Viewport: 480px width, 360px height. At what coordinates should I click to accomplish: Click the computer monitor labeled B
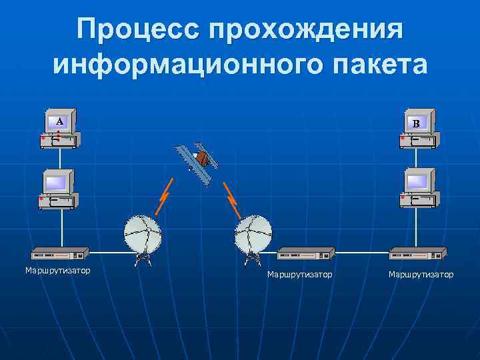pos(417,123)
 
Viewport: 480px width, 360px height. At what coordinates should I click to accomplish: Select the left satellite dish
pos(142,235)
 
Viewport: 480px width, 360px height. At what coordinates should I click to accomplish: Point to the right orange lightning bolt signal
pos(233,199)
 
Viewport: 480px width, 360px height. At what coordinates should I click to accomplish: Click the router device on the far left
pos(61,254)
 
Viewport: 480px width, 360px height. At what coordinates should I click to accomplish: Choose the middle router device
pos(305,254)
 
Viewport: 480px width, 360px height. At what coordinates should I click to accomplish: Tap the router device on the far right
pos(417,254)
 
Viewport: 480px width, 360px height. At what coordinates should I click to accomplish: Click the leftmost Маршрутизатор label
pos(58,271)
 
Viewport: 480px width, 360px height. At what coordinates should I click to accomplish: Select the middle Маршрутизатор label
pos(299,275)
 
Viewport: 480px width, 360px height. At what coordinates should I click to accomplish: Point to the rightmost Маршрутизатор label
pos(421,275)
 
